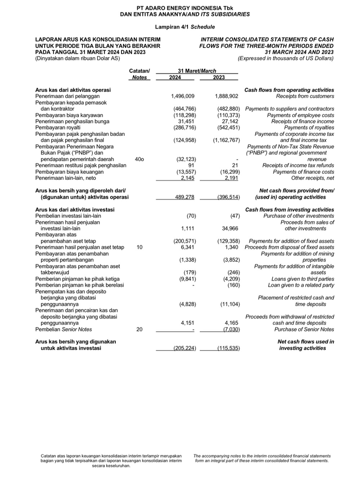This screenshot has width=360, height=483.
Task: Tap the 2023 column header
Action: (x=219, y=77)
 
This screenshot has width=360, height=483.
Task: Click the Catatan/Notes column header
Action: (x=139, y=74)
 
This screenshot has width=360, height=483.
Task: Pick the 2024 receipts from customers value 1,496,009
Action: (x=183, y=96)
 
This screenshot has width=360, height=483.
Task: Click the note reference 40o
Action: (x=139, y=159)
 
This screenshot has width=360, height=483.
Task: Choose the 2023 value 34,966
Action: (x=229, y=229)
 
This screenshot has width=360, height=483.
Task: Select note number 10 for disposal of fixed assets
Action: (x=139, y=247)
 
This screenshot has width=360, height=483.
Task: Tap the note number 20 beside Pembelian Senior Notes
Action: (x=139, y=329)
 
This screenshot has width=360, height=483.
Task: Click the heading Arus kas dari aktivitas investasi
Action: (x=73, y=209)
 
